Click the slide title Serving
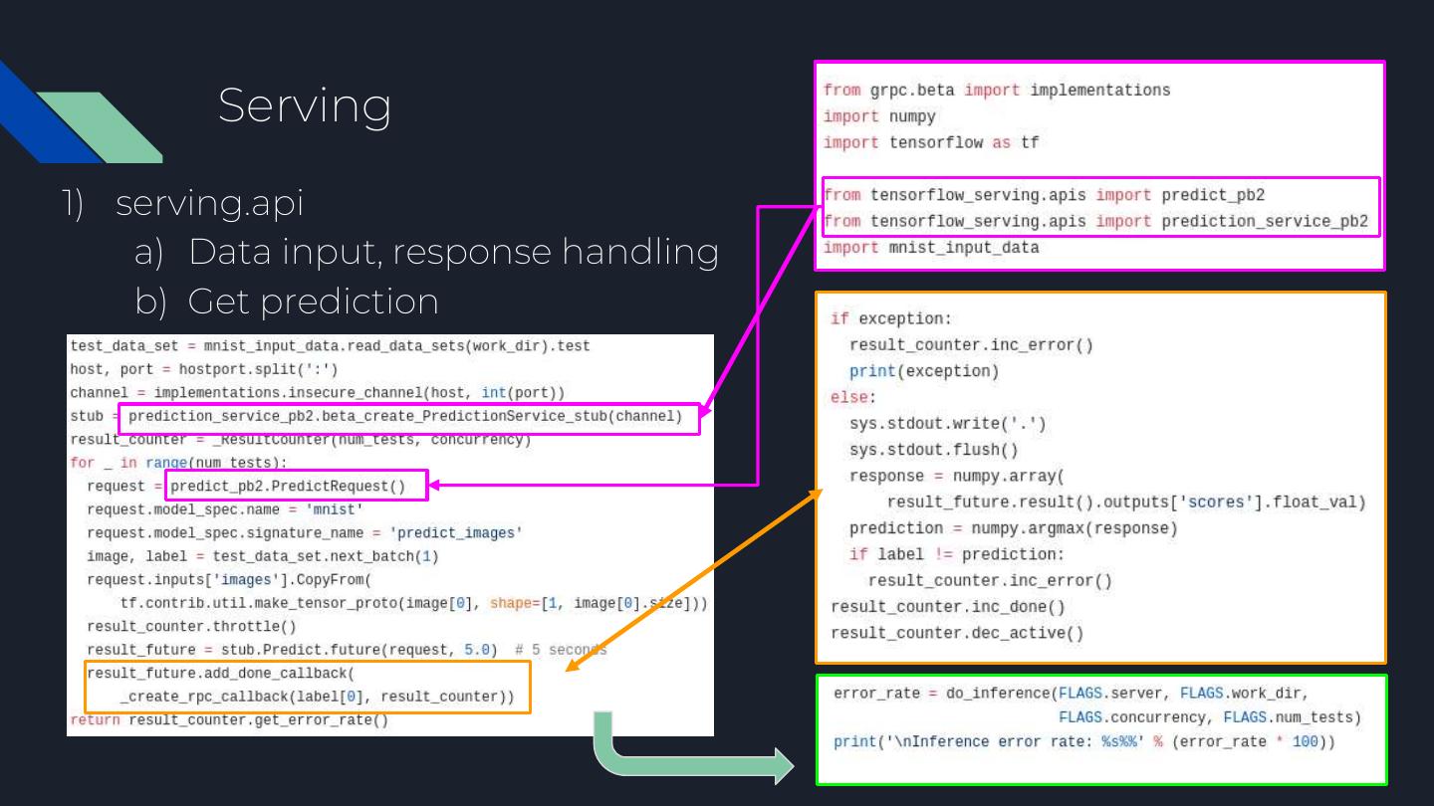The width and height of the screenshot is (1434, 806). [x=304, y=105]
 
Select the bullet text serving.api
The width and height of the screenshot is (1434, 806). [x=209, y=203]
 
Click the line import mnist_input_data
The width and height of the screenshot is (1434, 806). [x=930, y=248]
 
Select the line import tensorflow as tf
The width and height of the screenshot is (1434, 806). [x=930, y=142]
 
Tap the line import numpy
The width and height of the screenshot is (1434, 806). [x=879, y=116]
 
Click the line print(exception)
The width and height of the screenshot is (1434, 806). [x=923, y=371]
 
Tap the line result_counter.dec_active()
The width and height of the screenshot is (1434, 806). [x=956, y=633]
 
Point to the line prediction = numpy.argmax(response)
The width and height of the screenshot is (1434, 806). [x=1013, y=528]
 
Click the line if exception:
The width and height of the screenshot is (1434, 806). [x=890, y=319]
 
